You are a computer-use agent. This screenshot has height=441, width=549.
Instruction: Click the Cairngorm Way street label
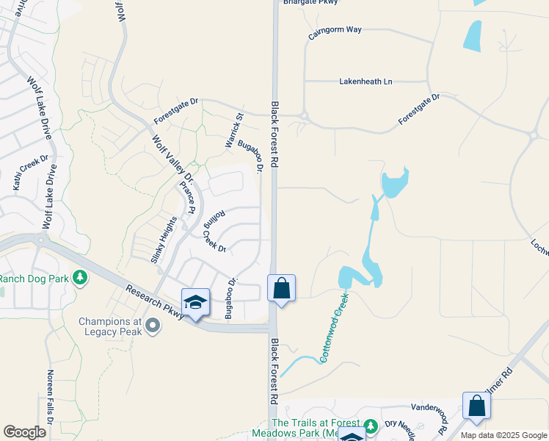click(x=335, y=34)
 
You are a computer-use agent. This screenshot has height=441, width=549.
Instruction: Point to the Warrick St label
click(x=234, y=131)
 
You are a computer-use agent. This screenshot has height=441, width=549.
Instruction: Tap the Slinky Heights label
click(x=164, y=240)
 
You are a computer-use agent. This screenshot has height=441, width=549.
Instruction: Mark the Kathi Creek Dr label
click(x=31, y=173)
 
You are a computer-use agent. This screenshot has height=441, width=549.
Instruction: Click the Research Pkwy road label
click(x=154, y=301)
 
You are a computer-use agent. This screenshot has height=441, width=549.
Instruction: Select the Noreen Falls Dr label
click(x=51, y=397)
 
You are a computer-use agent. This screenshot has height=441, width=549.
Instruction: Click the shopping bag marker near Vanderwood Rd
click(x=476, y=406)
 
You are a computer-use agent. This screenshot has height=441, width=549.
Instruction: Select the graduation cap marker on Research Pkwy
click(x=195, y=303)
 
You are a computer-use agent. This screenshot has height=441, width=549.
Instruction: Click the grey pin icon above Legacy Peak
click(x=153, y=325)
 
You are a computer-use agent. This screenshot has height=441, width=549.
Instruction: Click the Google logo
click(x=24, y=432)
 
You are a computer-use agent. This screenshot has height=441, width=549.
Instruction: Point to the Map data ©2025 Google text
click(x=503, y=435)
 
